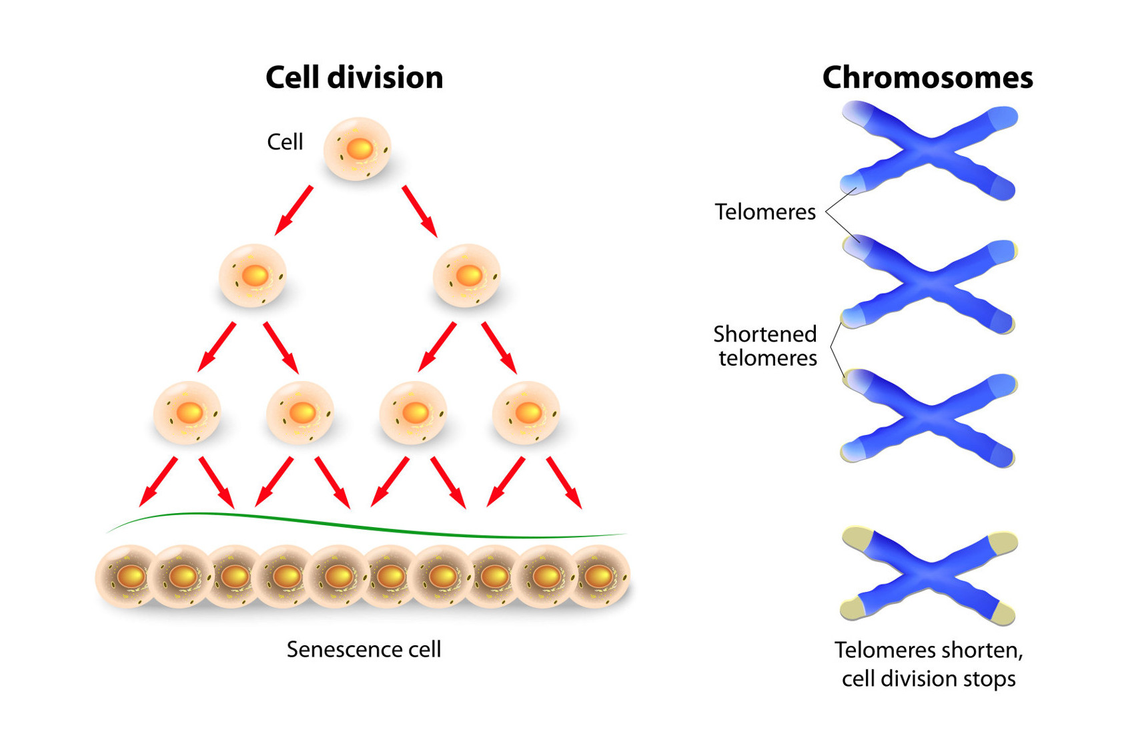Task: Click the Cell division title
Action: coord(354,77)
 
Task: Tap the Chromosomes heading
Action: coord(927,77)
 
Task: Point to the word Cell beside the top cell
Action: coord(285,142)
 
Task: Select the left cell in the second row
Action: coord(253,276)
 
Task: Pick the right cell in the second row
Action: coord(467,276)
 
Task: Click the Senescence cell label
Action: coord(364,649)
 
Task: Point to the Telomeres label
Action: coord(765,212)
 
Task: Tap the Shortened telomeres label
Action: coord(766,346)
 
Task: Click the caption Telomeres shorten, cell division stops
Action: coord(929,664)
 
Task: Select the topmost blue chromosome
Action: coord(929,150)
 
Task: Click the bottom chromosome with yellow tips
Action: coord(929,576)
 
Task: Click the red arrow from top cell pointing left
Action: coord(294,211)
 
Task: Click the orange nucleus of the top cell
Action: coord(360,148)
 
